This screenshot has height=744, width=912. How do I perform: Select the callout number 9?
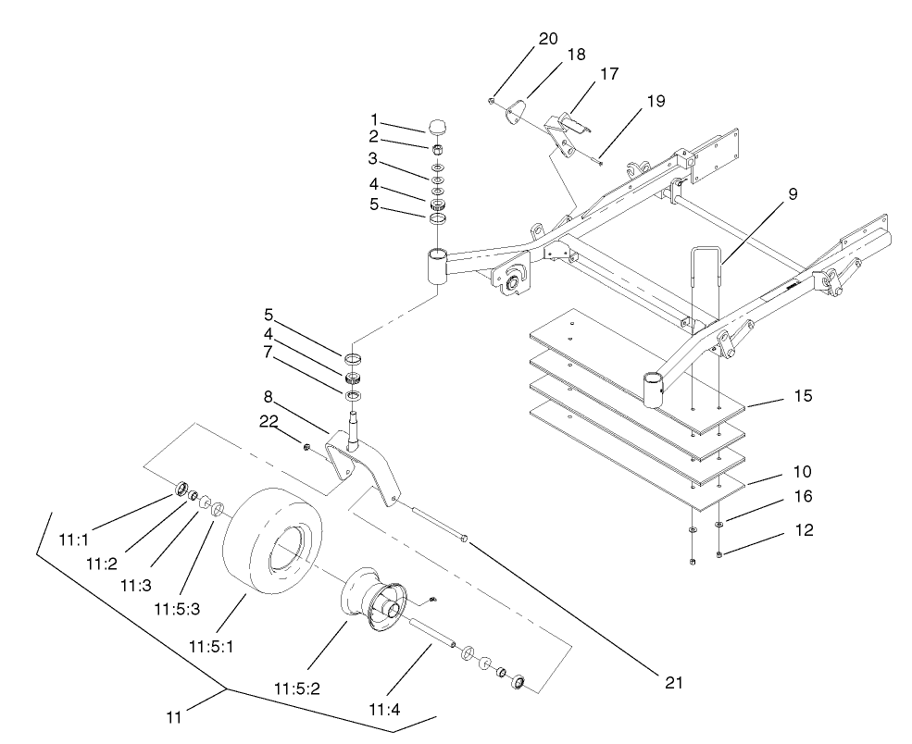pyautogui.click(x=793, y=194)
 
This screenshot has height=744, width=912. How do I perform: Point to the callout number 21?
pyautogui.click(x=673, y=682)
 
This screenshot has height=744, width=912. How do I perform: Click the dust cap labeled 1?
pyautogui.click(x=438, y=126)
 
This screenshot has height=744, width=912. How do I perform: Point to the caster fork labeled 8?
pyautogui.click(x=370, y=467)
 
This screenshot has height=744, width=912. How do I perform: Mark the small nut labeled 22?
pyautogui.click(x=305, y=447)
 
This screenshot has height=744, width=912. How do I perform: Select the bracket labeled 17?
pyautogui.click(x=564, y=130)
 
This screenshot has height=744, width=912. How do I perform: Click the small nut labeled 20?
pyautogui.click(x=492, y=101)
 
